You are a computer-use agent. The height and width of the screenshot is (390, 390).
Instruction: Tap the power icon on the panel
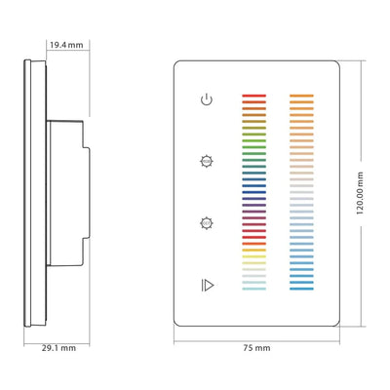(205, 99)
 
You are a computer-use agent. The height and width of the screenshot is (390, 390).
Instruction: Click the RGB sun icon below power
(205, 160)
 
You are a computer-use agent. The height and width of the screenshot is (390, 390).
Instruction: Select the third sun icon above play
(205, 222)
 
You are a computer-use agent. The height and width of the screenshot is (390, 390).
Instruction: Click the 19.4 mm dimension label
(65, 45)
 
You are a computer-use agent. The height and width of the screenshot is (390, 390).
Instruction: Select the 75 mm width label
(256, 347)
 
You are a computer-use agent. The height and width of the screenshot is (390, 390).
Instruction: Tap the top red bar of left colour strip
(253, 97)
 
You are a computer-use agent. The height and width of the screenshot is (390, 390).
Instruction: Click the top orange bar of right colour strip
(302, 97)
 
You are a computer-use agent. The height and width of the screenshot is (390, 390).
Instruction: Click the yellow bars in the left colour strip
(253, 257)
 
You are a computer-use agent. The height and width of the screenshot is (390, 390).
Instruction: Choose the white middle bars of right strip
(302, 195)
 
